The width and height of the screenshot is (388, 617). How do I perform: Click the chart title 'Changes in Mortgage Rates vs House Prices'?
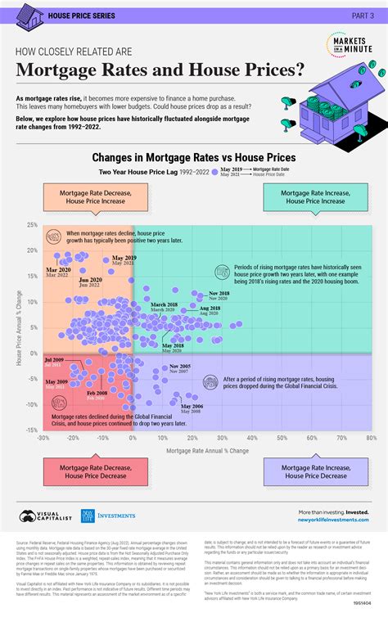(193, 157)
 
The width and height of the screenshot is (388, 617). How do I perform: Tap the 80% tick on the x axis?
(371, 438)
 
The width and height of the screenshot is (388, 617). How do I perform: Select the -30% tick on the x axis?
(43, 438)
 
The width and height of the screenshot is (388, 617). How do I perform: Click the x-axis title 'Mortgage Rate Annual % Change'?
(208, 450)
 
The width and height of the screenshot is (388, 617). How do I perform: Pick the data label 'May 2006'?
(192, 407)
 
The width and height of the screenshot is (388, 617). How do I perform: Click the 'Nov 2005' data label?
(179, 367)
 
